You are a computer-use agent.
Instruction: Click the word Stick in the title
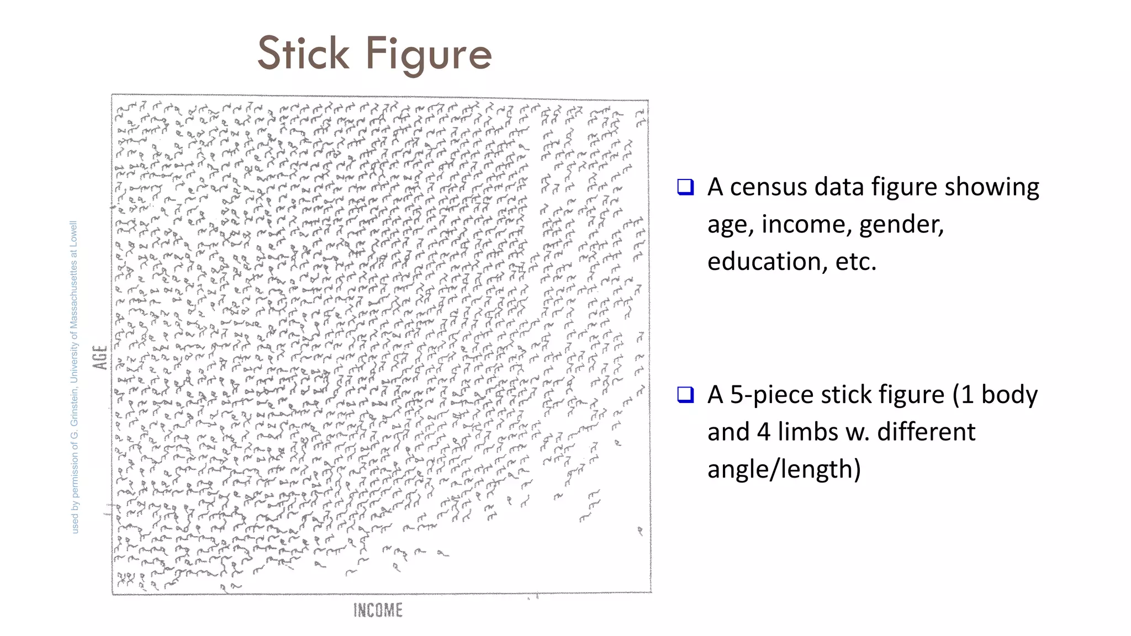(x=303, y=54)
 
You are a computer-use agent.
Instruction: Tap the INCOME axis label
(x=378, y=610)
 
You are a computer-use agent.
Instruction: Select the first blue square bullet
(x=685, y=187)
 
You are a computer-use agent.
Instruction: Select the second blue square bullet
(x=685, y=395)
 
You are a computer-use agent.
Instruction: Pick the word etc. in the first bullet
(x=856, y=262)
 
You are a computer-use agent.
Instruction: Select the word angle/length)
(x=784, y=469)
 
